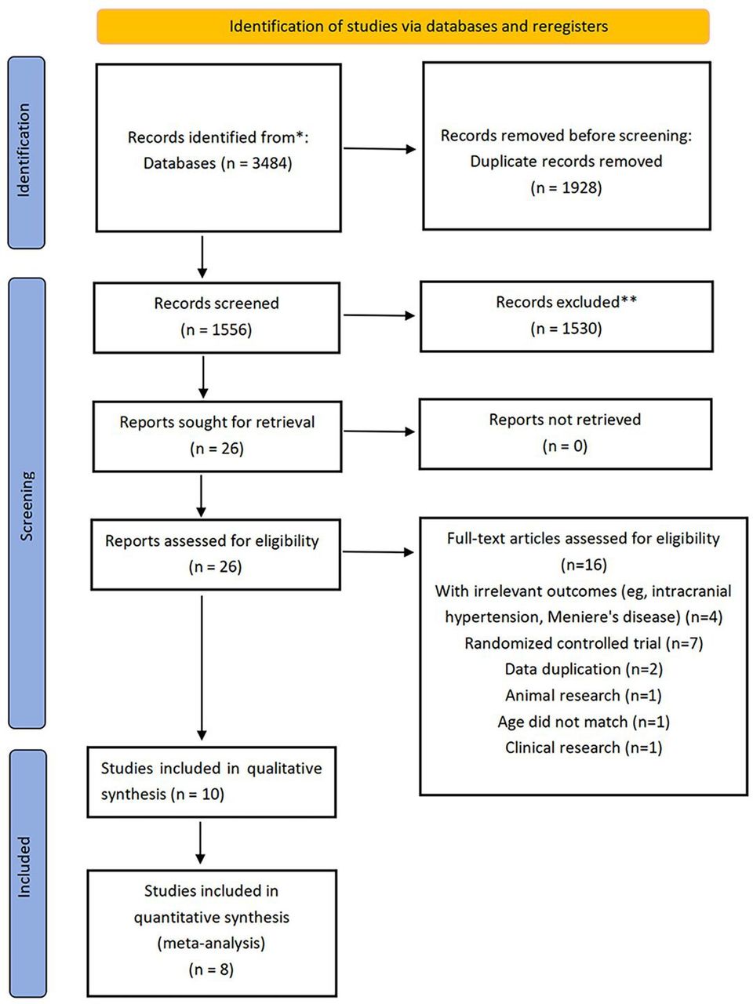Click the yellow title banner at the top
[403, 26]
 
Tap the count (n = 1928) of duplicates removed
[566, 188]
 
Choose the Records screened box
[216, 318]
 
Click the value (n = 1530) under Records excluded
[566, 329]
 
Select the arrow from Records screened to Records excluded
[379, 315]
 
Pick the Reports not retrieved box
[566, 434]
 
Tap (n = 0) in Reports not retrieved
[565, 446]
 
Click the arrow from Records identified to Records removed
[380, 149]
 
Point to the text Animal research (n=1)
[584, 696]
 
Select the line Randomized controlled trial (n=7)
[584, 643]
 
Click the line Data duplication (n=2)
[584, 670]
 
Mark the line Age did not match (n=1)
[584, 722]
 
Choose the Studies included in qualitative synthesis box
[212, 782]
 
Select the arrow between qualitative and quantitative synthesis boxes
[200, 842]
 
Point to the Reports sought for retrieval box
[217, 436]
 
